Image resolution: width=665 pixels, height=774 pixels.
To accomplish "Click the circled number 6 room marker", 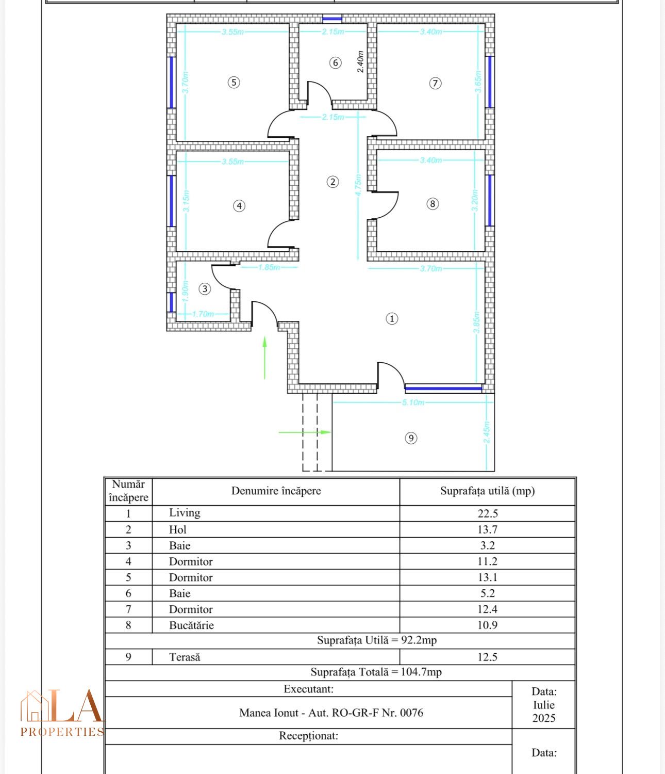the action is (335, 63).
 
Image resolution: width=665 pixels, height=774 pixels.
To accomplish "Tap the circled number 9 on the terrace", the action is (411, 438).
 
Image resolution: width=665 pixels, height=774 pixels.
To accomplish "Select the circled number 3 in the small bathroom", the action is (205, 289).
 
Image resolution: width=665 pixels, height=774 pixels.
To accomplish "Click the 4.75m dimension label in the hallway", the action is (358, 185).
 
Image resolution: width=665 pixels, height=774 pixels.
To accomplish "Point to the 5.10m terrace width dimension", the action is (413, 402).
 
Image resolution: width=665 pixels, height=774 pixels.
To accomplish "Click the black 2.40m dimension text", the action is (360, 62).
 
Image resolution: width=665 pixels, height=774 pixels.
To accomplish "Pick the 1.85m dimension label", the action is (269, 267).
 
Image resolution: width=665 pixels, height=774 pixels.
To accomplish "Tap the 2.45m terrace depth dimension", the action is (486, 432).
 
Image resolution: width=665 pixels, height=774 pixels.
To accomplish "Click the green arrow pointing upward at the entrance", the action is (264, 358).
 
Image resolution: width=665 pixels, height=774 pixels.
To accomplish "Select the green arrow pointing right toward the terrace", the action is (305, 432).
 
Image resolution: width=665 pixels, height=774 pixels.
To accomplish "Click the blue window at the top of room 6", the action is (332, 19).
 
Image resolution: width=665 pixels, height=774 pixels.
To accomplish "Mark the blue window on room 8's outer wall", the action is (490, 200).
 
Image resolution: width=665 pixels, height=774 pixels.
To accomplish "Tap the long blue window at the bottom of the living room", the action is (443, 389).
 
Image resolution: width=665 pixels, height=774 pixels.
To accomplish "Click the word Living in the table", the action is (185, 512).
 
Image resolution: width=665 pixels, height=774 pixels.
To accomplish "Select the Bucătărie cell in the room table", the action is (191, 625).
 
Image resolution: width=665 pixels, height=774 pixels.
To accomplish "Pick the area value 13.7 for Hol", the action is (487, 529).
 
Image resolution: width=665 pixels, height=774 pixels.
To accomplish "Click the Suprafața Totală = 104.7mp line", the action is (376, 672).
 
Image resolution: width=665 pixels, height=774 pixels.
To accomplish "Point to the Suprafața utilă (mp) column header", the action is (487, 491).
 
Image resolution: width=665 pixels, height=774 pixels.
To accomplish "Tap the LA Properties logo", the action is (62, 713).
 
